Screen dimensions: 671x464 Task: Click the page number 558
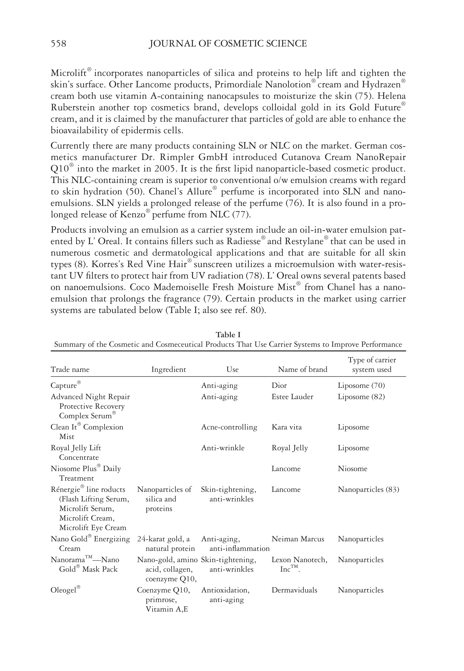[58, 44]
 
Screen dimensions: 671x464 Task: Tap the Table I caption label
[228, 335]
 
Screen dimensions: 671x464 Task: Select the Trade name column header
[70, 370]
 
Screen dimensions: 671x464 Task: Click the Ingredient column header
[169, 370]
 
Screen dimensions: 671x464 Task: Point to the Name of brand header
[302, 370]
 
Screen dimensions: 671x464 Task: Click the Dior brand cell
[279, 385]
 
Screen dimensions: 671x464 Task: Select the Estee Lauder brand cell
[292, 397]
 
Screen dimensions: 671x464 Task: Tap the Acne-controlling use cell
[229, 427]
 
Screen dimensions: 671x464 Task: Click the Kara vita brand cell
[287, 427]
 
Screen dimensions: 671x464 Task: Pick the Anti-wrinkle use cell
[223, 448]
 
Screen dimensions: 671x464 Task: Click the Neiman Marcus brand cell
[298, 539]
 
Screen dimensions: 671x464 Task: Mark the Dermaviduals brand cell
[294, 590]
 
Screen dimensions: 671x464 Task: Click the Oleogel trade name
[63, 590]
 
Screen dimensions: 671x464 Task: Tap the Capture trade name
[64, 385]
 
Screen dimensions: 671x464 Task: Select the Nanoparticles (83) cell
[368, 490]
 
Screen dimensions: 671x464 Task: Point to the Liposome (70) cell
[361, 385]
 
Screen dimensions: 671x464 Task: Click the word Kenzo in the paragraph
[133, 215]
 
